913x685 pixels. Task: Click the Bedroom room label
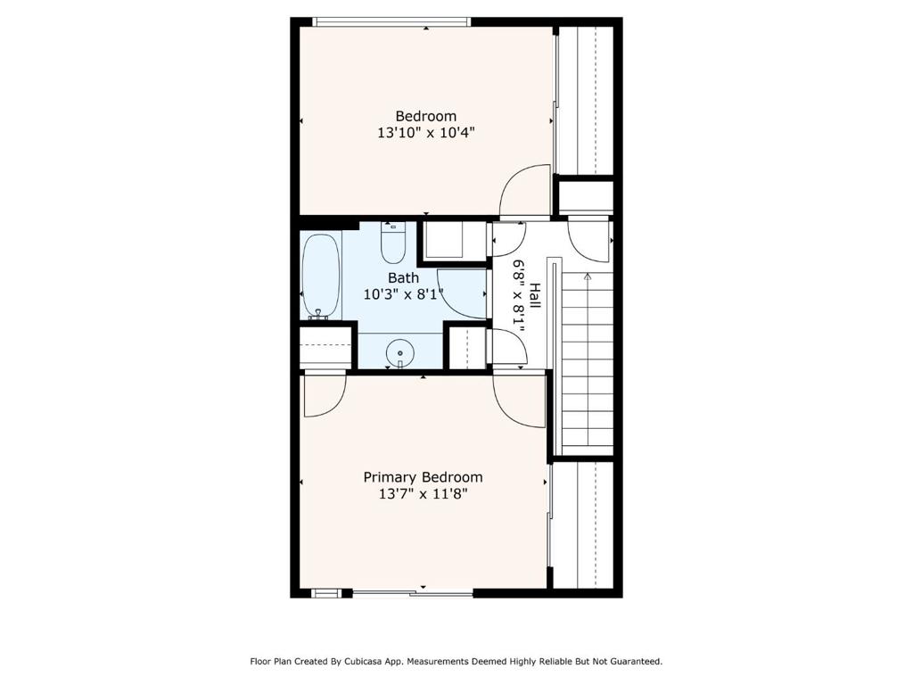[425, 116]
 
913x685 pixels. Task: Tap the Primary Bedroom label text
[423, 477]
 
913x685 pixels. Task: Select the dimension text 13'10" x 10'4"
[425, 133]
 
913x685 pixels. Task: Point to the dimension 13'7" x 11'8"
[423, 494]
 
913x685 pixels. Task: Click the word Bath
[403, 278]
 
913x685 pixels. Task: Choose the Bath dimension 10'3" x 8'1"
[403, 294]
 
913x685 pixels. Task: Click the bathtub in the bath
[321, 276]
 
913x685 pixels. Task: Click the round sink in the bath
[400, 353]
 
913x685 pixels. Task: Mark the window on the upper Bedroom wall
[391, 22]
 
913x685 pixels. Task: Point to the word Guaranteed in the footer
[637, 662]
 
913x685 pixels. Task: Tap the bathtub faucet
[318, 315]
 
